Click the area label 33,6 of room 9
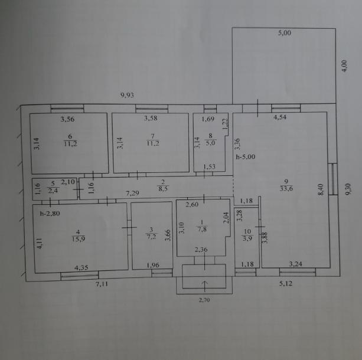pyautogui.click(x=286, y=189)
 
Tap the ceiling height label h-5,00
pyautogui.click(x=246, y=157)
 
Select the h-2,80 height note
pyautogui.click(x=50, y=214)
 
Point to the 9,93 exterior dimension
pyautogui.click(x=127, y=95)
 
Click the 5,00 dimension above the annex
pyautogui.click(x=285, y=33)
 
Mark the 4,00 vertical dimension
pyautogui.click(x=344, y=66)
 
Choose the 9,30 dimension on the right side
pyautogui.click(x=348, y=189)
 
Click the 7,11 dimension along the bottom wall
pyautogui.click(x=102, y=284)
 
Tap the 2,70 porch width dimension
pyautogui.click(x=204, y=300)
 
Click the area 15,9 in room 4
pyautogui.click(x=79, y=239)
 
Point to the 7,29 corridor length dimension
pyautogui.click(x=132, y=193)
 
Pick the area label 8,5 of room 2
pyautogui.click(x=163, y=189)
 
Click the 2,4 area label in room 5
pyautogui.click(x=53, y=191)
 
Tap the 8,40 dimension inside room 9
pyautogui.click(x=321, y=189)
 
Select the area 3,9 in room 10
pyautogui.click(x=247, y=238)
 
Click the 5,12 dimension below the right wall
pyautogui.click(x=286, y=283)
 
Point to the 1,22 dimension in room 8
pyautogui.click(x=226, y=123)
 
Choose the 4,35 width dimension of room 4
pyautogui.click(x=81, y=268)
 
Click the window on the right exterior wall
pyautogui.click(x=333, y=179)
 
